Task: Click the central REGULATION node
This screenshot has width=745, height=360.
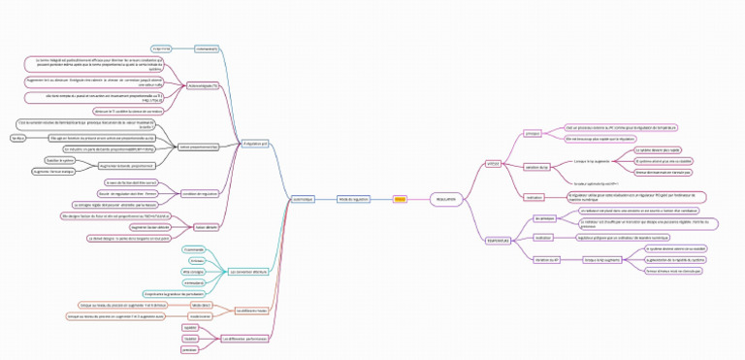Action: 445,199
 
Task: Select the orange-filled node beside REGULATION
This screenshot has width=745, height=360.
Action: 400,199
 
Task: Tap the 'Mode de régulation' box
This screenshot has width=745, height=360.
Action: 354,199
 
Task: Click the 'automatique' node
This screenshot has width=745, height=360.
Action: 304,199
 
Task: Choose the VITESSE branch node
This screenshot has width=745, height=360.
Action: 493,163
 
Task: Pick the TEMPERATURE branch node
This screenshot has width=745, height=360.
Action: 497,240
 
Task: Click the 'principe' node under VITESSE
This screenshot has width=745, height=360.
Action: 533,133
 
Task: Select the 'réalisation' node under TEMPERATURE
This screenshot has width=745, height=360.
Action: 543,237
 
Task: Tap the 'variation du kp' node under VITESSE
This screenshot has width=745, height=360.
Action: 536,168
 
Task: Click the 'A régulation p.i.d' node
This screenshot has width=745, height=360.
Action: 257,144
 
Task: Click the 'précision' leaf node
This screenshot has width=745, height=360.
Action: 190,349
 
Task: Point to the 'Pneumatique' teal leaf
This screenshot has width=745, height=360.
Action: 194,249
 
